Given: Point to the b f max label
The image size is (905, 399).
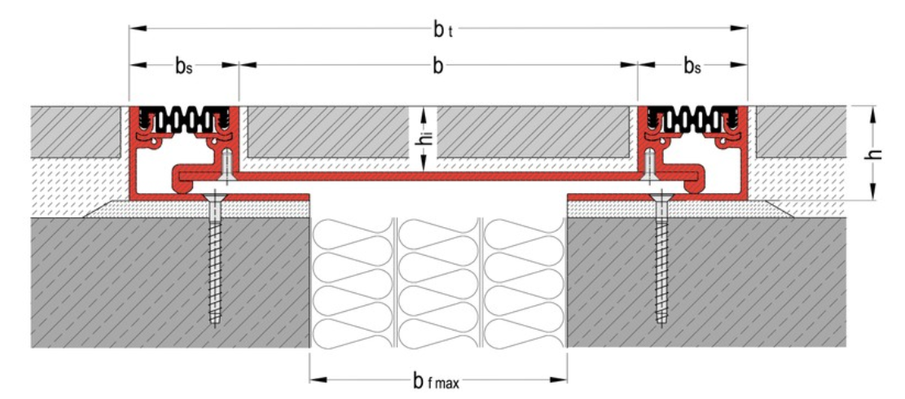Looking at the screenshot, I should [438, 380].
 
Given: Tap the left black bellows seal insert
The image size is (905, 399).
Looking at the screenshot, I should [183, 121].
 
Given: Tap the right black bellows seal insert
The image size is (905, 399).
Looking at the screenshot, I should [692, 121].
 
